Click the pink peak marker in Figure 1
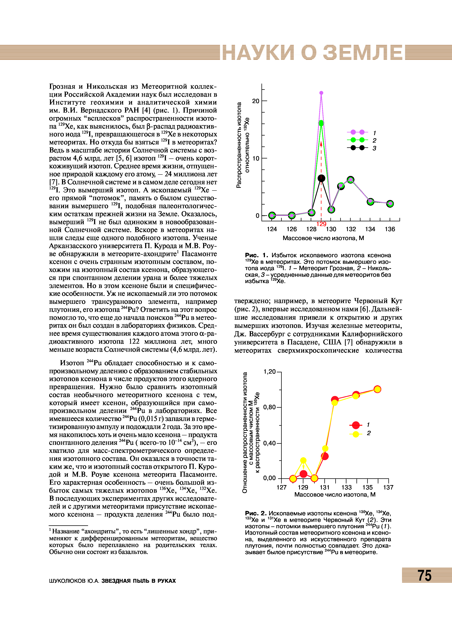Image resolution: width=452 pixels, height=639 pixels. [321, 93]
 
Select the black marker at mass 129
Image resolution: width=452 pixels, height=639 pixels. [321, 178]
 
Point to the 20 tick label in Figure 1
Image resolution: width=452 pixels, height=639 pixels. [256, 101]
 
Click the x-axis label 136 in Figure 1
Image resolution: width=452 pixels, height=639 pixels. [390, 229]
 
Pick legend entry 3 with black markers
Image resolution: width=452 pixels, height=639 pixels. [357, 148]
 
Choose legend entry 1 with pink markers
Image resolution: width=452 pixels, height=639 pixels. [357, 132]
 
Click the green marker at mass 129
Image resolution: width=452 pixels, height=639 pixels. [321, 123]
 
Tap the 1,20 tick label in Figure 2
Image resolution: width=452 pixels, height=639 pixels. [269, 372]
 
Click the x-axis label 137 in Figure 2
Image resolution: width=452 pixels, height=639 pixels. [388, 487]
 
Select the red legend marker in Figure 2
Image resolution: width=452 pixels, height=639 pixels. [356, 425]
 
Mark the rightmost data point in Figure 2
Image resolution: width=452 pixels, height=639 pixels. [377, 389]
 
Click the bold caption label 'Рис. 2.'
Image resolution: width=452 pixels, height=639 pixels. [256, 513]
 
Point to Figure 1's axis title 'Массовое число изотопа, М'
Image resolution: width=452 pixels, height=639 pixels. [323, 238]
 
